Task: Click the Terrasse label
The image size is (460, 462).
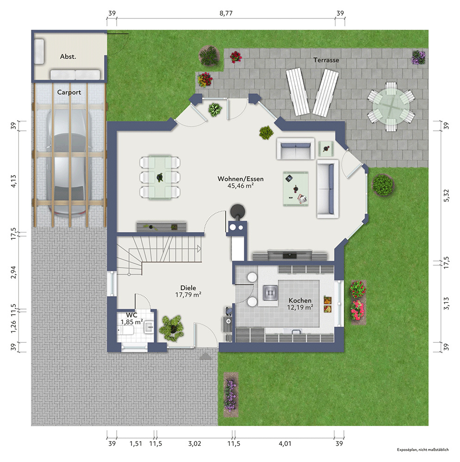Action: (326, 60)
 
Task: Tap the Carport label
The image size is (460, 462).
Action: (69, 92)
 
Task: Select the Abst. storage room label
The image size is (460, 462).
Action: (68, 56)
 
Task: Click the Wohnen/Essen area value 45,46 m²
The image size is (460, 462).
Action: (241, 186)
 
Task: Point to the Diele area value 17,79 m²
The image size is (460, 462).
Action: (188, 295)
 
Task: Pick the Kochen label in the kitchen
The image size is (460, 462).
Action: (300, 301)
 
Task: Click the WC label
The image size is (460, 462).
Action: (131, 315)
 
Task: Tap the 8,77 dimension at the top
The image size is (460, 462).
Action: (226, 13)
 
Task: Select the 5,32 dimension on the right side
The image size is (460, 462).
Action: (447, 195)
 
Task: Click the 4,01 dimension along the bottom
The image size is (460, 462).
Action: (285, 444)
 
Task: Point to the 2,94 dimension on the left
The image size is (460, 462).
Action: (13, 272)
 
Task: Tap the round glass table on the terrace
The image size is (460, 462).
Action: (391, 106)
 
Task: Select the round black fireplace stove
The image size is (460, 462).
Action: (237, 211)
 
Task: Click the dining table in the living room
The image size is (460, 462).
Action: (160, 177)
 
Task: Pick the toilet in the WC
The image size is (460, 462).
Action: (126, 330)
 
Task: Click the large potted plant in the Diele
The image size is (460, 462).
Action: (172, 328)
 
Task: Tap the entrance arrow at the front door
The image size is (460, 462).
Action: (205, 357)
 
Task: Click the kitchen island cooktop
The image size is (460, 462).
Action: (270, 293)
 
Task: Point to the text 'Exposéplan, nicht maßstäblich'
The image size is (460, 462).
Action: (423, 450)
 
